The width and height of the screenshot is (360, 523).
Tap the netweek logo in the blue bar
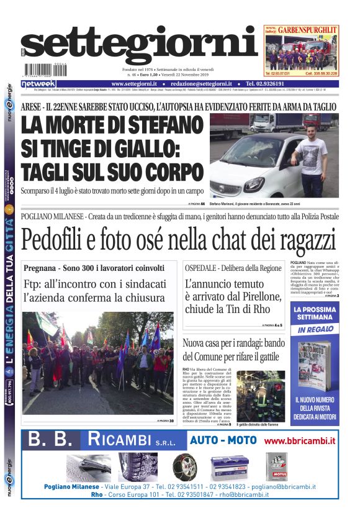(x=38, y=84)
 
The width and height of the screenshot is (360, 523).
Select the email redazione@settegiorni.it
(x=200, y=84)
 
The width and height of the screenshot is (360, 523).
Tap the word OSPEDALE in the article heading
(x=205, y=268)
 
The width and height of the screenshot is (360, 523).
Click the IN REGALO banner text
(x=315, y=330)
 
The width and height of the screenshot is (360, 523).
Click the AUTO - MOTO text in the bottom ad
(x=223, y=440)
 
